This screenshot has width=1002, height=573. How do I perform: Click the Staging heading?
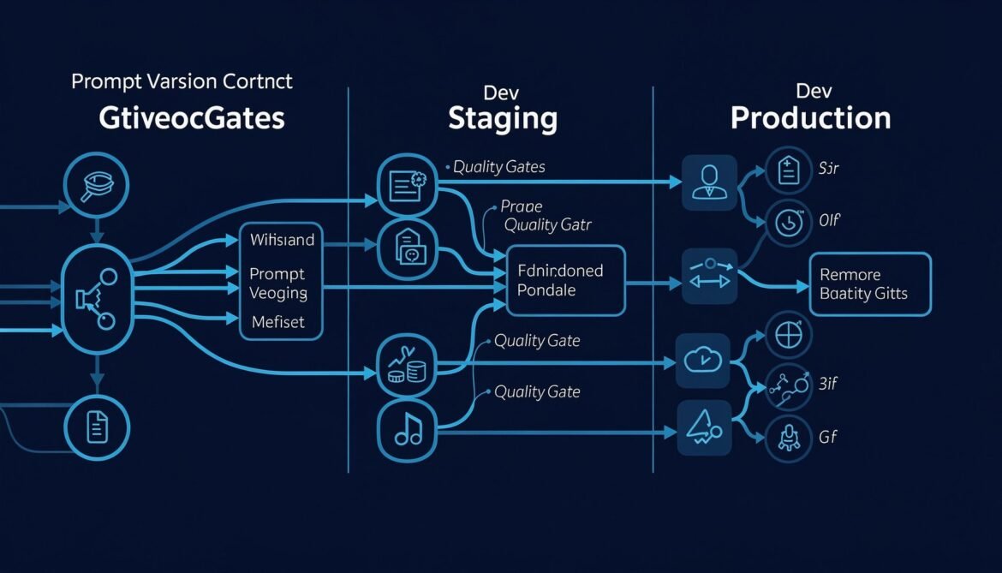503,118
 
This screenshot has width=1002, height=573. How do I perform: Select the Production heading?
810,118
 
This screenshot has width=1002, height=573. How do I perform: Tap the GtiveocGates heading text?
192,118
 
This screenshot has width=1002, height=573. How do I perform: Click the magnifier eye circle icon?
96,182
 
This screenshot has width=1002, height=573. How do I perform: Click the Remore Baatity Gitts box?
869,284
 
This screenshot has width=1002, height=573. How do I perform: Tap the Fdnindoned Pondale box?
566,280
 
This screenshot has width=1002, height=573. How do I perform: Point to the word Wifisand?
282,240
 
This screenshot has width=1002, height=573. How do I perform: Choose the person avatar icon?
709,182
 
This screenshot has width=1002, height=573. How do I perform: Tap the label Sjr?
829,168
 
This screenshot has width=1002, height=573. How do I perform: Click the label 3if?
828,384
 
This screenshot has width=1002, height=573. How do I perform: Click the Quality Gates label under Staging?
498,167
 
